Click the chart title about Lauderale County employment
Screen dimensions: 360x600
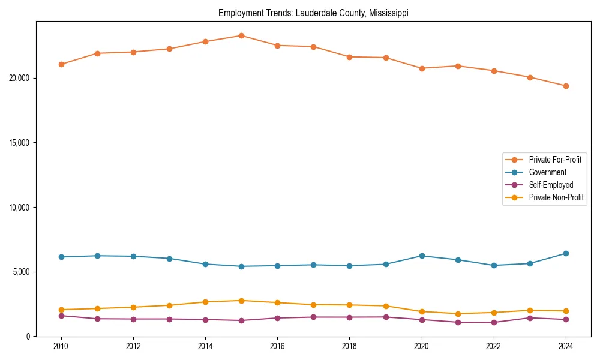[313, 13]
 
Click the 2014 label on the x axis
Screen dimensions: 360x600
[205, 346]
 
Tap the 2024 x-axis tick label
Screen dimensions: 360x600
[566, 346]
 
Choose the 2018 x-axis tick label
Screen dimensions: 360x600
[349, 346]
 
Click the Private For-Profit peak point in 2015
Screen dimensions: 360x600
[241, 35]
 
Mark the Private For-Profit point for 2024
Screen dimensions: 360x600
[566, 86]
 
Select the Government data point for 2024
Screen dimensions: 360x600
[566, 253]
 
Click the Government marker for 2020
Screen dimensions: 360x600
[422, 256]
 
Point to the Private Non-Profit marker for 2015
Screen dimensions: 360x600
[241, 301]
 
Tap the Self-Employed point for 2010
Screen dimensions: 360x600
[61, 316]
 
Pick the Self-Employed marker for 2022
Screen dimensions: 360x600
[494, 322]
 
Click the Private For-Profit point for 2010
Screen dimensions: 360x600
[61, 64]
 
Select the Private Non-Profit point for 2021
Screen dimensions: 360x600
[458, 314]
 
